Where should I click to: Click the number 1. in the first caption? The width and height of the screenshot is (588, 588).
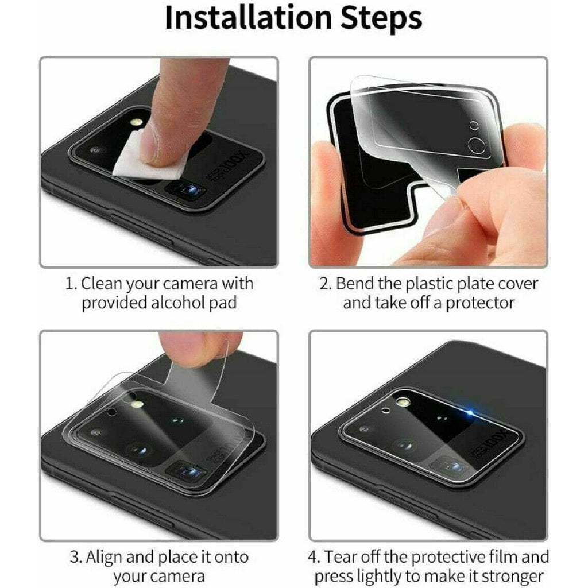(x=70, y=284)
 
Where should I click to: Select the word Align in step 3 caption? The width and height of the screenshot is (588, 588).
(x=107, y=557)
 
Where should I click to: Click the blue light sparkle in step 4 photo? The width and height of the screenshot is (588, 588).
(x=471, y=413)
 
